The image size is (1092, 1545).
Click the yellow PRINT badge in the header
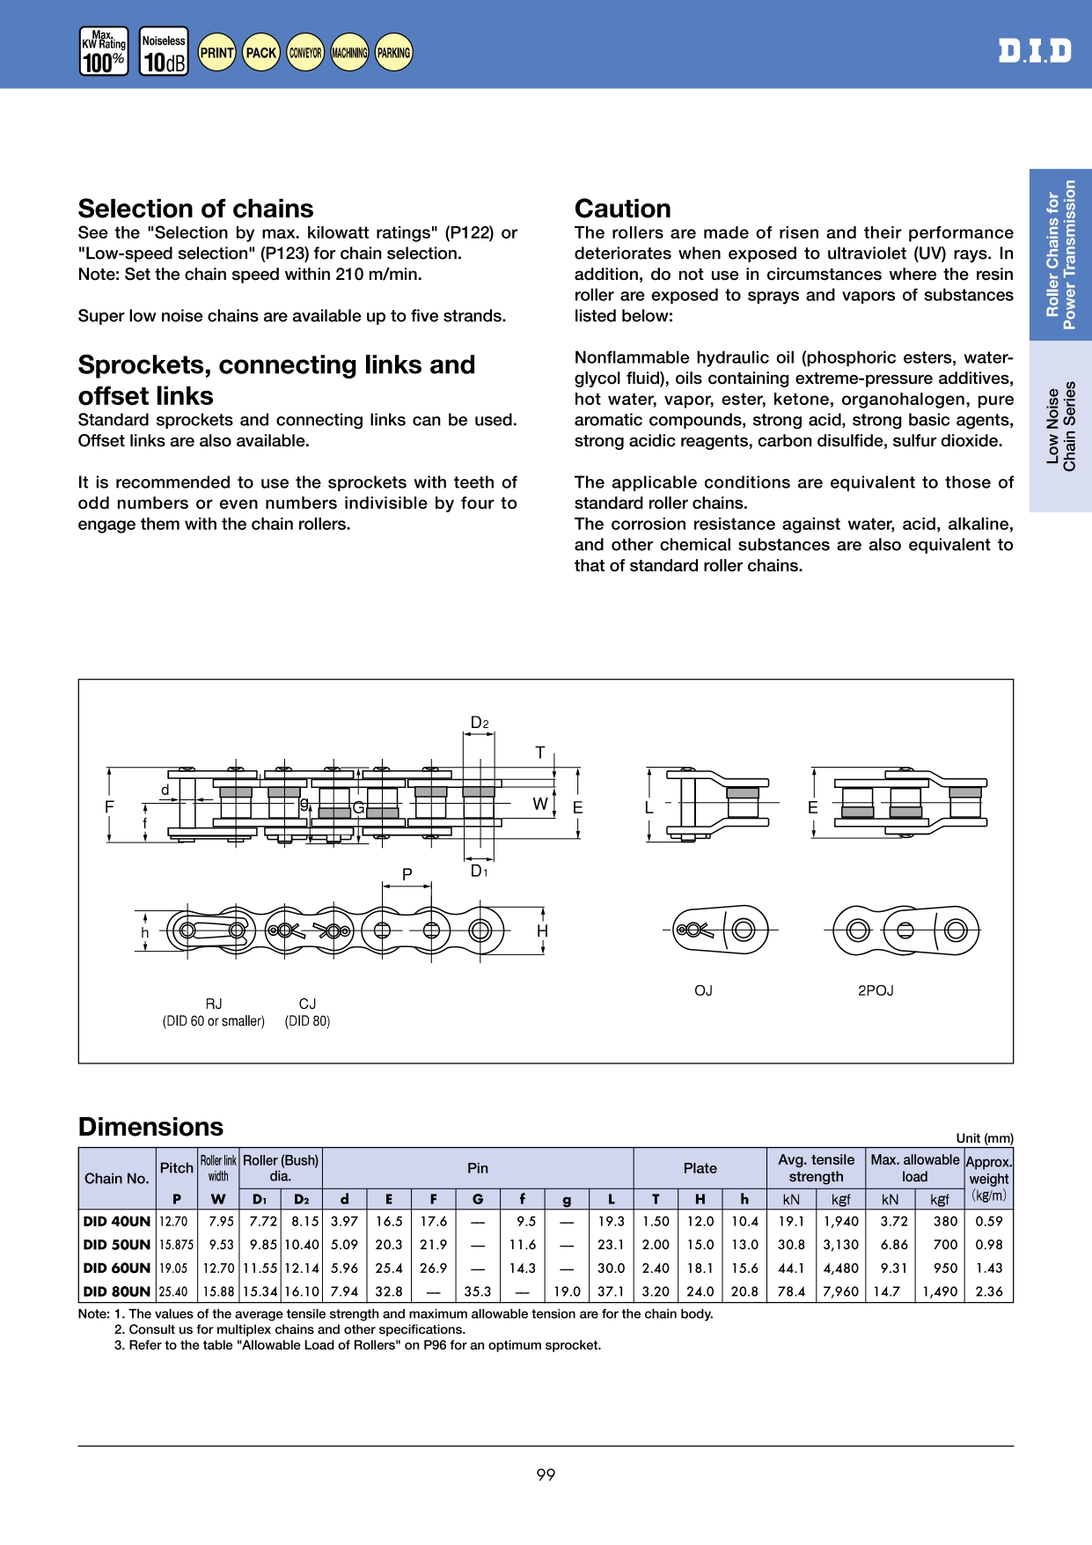coord(216,53)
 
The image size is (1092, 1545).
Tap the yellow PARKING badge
coord(393,53)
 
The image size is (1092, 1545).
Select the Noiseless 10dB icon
coord(164,52)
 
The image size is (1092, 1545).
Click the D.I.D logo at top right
coord(1035,51)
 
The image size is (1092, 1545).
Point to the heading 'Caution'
coord(622,209)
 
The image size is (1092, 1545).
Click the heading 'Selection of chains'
coord(195,209)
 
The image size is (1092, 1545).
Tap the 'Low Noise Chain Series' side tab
coord(1060,426)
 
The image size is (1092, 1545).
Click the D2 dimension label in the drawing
coord(479,723)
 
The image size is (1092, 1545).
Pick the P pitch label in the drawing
coord(407,874)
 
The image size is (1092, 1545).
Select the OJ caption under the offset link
coord(703,990)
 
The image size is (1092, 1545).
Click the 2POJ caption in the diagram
coord(876,990)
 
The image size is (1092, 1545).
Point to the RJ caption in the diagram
coord(214,1004)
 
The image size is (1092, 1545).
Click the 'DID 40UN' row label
coord(117,1221)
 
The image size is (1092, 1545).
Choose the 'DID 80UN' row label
coord(117,1291)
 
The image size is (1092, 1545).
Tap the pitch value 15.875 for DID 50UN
coord(176,1245)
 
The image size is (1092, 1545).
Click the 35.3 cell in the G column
coord(478,1291)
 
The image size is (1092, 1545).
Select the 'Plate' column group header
coord(700,1168)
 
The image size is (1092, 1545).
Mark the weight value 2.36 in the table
coord(989,1291)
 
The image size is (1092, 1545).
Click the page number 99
coord(546,1475)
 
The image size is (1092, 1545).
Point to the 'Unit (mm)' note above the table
coord(984,1138)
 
